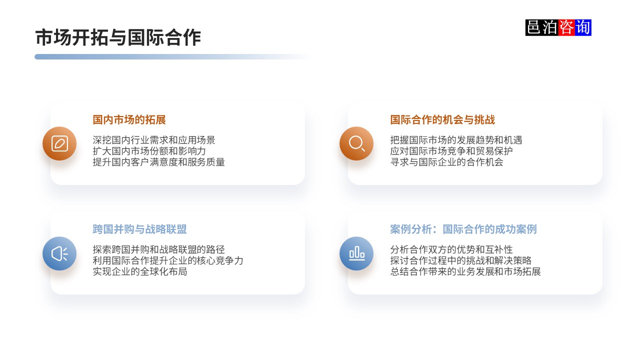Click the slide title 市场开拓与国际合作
pyautogui.click(x=118, y=38)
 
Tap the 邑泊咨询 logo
pyautogui.click(x=558, y=27)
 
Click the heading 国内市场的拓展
pyautogui.click(x=129, y=120)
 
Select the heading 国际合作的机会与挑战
pyautogui.click(x=442, y=120)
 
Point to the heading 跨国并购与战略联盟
pyautogui.click(x=139, y=229)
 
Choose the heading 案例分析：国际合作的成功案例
pyautogui.click(x=463, y=229)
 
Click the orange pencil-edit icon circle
pyautogui.click(x=59, y=144)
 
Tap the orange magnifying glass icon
pyautogui.click(x=356, y=144)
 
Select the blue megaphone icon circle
pyautogui.click(x=59, y=253)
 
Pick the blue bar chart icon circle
pyautogui.click(x=356, y=253)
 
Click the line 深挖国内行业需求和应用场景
pyautogui.click(x=154, y=140)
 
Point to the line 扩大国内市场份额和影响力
pyautogui.click(x=149, y=151)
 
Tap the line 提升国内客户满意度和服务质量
pyautogui.click(x=159, y=162)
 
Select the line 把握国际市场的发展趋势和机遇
pyautogui.click(x=456, y=140)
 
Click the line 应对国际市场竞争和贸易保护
pyautogui.click(x=451, y=151)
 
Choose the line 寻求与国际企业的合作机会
pyautogui.click(x=446, y=162)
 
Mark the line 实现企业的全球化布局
pyautogui.click(x=140, y=272)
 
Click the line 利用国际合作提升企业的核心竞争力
pyautogui.click(x=168, y=261)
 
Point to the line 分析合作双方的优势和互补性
pyautogui.click(x=451, y=249)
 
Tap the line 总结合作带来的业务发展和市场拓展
pyautogui.click(x=465, y=272)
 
